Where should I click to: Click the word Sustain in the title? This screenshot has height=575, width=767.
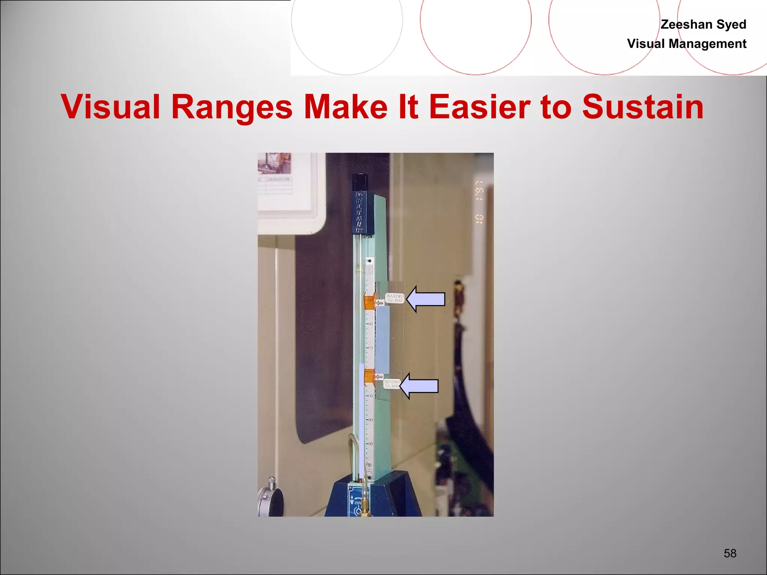point(643,107)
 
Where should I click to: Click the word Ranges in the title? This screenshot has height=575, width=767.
point(231,107)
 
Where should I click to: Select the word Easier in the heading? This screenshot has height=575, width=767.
point(479,107)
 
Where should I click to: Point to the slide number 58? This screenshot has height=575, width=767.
point(730,553)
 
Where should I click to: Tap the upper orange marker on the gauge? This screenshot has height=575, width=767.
point(369,302)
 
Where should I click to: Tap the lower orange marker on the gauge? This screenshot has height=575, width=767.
point(369,377)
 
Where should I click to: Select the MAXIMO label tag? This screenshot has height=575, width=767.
point(394,298)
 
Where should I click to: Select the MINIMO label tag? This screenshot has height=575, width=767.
point(392,383)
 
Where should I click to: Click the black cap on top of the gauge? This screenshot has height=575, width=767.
point(360,182)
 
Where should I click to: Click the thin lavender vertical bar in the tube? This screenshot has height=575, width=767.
point(361,419)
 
